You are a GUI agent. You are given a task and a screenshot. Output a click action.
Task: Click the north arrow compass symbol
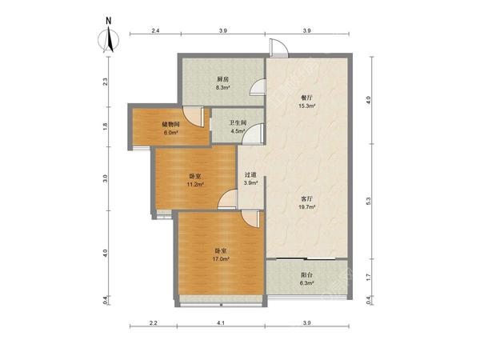[109, 40]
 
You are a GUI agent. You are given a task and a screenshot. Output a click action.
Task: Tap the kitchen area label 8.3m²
[223, 87]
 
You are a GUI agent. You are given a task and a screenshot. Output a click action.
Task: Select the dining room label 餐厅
[306, 98]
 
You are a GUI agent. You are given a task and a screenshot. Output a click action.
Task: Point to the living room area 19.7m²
[307, 207]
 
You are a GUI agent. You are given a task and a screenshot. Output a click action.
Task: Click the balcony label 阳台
[306, 275]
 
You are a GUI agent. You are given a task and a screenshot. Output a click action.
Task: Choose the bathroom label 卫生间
[238, 123]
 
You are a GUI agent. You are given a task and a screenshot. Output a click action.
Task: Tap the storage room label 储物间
[170, 124]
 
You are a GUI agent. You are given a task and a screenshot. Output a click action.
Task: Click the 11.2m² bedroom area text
[195, 184]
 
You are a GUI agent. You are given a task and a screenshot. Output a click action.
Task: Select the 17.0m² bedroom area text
[221, 259]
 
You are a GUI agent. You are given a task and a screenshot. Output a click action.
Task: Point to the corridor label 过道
[250, 174]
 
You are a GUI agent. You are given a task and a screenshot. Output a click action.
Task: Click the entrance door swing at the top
[278, 48]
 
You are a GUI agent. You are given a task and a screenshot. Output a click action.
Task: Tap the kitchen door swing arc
[258, 87]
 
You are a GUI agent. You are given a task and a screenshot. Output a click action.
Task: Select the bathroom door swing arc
[253, 133]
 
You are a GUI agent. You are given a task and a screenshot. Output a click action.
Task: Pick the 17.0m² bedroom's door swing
[250, 218]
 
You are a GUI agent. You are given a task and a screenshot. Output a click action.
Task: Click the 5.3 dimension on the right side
[369, 201]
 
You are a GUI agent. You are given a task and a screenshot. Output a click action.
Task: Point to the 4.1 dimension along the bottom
[221, 322]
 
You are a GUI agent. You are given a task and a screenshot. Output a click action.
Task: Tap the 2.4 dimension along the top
[155, 30]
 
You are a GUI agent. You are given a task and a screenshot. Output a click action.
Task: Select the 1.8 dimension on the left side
[106, 126]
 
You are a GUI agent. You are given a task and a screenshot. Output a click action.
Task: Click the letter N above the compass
[108, 21]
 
